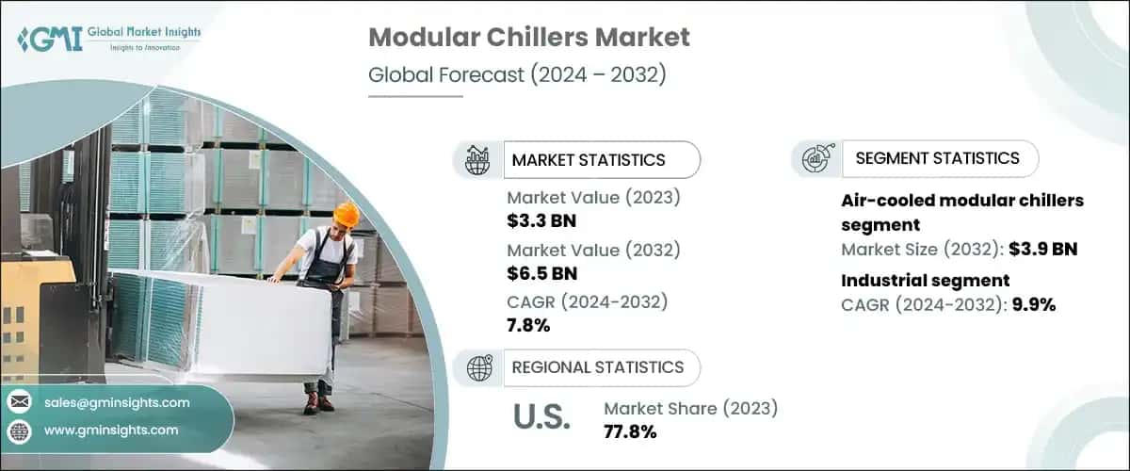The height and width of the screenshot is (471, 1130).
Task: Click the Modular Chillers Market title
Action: pyautogui.click(x=528, y=38)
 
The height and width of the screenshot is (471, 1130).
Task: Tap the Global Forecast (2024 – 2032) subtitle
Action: pyautogui.click(x=517, y=75)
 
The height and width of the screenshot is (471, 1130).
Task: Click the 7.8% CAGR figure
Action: pyautogui.click(x=528, y=326)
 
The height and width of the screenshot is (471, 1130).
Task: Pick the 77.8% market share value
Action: pyautogui.click(x=630, y=432)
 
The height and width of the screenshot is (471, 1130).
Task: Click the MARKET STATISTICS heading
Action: pyautogui.click(x=589, y=160)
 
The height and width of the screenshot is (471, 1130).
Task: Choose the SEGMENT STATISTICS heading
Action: pyautogui.click(x=937, y=158)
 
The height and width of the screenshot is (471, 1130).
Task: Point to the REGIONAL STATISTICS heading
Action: pyautogui.click(x=597, y=366)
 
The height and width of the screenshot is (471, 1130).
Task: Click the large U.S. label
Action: pyautogui.click(x=541, y=418)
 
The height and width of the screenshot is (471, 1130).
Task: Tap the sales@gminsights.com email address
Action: pyautogui.click(x=117, y=402)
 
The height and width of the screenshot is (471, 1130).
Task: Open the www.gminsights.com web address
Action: pyautogui.click(x=111, y=430)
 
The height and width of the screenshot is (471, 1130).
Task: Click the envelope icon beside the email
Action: pyautogui.click(x=19, y=402)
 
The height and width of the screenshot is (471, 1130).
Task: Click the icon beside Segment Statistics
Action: pyautogui.click(x=815, y=158)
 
